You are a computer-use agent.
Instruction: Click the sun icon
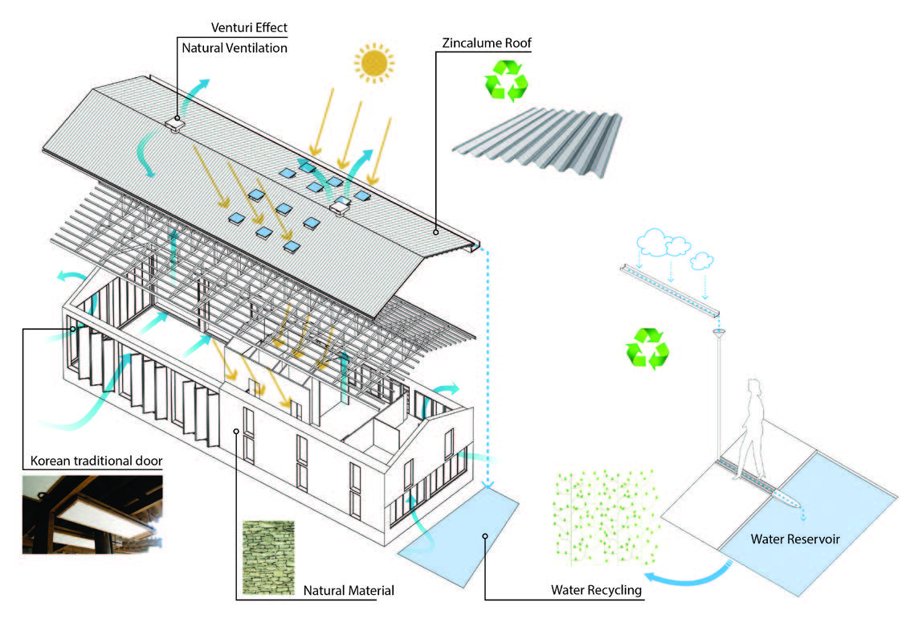coord(373,62)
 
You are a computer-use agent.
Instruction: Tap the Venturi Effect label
coord(249,27)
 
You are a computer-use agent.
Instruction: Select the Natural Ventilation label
coord(235,48)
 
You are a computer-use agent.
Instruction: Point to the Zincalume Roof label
coord(487,43)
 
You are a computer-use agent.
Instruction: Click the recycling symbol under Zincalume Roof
coord(506,80)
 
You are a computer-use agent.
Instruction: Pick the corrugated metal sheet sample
coord(537,142)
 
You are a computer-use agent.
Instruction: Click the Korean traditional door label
coord(96,461)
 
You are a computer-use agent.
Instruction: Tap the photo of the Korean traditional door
coord(92,514)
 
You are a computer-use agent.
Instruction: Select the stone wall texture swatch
coord(268,557)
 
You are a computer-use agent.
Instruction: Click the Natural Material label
coord(349,591)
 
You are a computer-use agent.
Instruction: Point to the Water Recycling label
coord(596,591)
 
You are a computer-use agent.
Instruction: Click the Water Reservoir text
coord(795,539)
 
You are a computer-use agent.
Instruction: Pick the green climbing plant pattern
coord(606,518)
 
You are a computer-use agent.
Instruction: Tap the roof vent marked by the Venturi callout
coord(174,124)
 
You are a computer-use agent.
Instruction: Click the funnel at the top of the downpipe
coord(719,334)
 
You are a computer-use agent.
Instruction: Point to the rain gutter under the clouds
coord(671,289)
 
